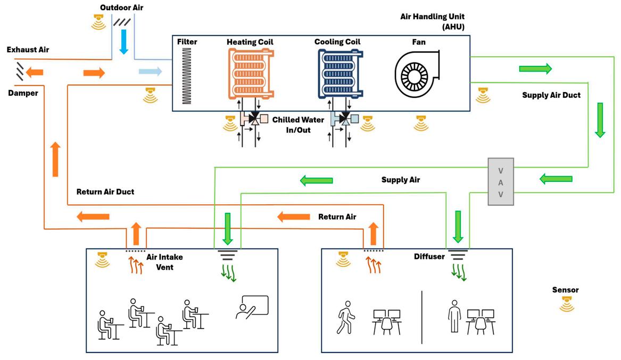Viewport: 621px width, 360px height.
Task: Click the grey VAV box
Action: click(501, 181)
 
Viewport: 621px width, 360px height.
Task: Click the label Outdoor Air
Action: click(121, 8)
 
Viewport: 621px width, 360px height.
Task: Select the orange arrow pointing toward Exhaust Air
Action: click(35, 72)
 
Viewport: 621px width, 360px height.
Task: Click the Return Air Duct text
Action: click(105, 192)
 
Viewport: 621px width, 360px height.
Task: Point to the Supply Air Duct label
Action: click(552, 96)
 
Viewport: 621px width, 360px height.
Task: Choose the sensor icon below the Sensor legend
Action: click(565, 305)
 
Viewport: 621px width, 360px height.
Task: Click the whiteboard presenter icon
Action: click(252, 307)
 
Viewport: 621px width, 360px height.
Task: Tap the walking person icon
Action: click(344, 317)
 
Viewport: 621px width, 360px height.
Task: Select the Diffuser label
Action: click(429, 257)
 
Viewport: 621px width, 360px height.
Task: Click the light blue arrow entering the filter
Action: click(150, 72)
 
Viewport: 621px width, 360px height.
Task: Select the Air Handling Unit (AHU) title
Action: click(435, 21)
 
